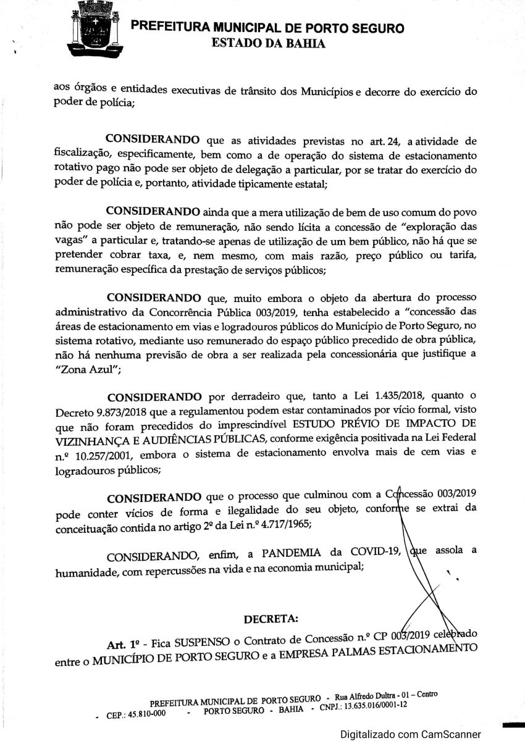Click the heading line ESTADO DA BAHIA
268,43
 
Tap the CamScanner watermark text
410,734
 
